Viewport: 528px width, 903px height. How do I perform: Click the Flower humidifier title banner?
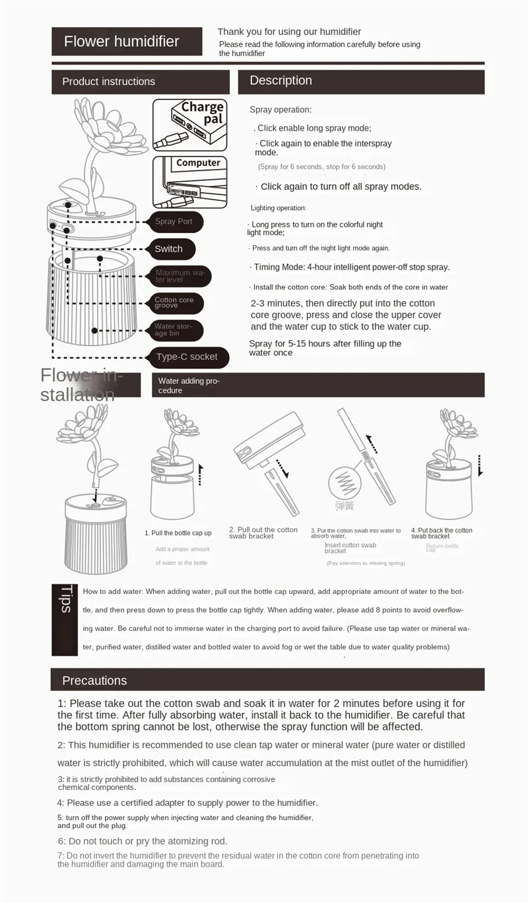click(127, 42)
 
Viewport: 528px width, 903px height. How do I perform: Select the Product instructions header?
click(141, 82)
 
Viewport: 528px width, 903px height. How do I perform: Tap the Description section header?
click(361, 81)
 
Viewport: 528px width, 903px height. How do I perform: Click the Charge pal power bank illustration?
click(189, 124)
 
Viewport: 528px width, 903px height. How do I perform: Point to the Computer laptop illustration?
click(189, 181)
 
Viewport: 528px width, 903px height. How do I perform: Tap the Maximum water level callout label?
click(180, 275)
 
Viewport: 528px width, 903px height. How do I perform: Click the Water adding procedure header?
click(319, 385)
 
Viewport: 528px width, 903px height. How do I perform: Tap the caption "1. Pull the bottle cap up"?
click(178, 533)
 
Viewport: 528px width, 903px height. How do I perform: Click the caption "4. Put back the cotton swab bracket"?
click(442, 533)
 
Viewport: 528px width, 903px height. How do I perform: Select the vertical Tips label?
click(65, 600)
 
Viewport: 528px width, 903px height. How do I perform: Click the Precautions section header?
click(267, 680)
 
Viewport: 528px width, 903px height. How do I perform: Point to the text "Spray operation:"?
click(280, 110)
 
